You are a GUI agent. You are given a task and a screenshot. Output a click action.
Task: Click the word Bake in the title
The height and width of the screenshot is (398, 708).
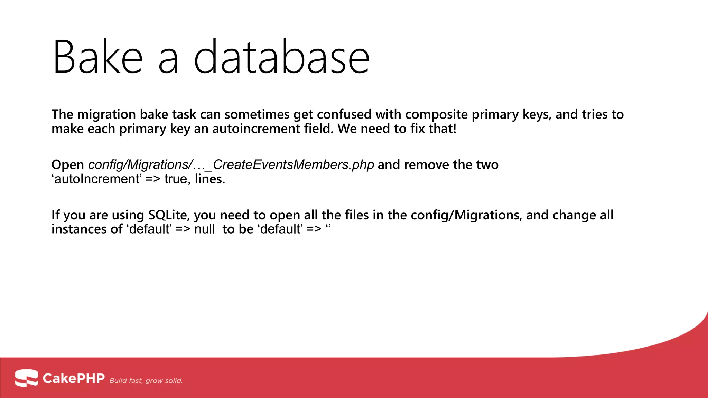97,57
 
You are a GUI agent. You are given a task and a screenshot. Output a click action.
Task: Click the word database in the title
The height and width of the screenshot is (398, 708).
281,57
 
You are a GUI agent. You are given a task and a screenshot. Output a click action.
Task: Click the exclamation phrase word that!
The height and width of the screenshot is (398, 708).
442,129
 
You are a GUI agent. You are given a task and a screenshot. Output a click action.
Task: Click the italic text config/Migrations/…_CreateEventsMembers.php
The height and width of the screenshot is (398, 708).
231,165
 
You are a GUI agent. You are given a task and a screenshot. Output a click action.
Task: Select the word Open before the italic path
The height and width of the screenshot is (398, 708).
68,165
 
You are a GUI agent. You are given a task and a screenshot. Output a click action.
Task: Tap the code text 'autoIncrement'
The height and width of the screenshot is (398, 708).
96,179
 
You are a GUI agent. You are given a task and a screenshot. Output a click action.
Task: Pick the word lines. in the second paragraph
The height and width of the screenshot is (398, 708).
210,179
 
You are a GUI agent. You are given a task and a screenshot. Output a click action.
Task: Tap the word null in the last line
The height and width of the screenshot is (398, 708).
204,229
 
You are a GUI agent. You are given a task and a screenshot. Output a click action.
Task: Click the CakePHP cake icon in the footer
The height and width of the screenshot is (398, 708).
26,378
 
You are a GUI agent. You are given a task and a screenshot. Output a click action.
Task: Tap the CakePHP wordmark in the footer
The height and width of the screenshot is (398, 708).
73,378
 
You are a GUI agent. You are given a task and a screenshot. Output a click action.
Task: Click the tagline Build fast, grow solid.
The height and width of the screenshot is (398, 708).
146,381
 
